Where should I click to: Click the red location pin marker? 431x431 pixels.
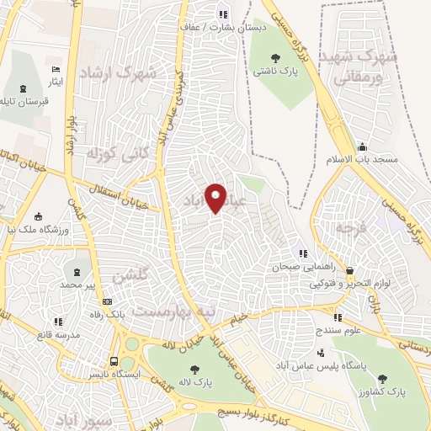pos(216,197)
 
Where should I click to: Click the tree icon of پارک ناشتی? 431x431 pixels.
pos(276,58)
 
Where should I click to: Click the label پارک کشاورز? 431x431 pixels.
pos(390,393)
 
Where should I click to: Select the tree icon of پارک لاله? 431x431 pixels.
pos(194,369)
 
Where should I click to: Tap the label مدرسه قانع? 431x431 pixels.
pos(58,335)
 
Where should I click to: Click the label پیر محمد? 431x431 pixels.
pos(77,285)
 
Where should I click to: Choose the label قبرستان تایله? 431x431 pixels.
pos(24,102)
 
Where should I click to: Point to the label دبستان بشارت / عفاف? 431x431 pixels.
pos(215,27)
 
